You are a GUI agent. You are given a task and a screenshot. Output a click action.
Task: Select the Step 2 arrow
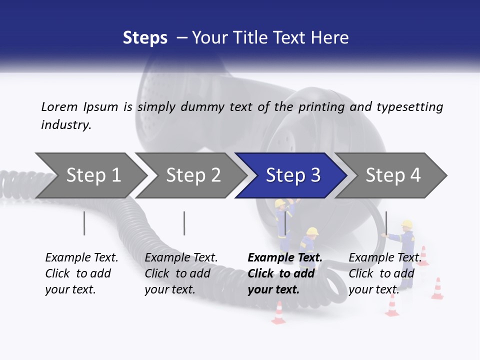click(x=192, y=175)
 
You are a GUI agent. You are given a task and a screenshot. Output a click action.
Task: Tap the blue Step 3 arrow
click(x=292, y=175)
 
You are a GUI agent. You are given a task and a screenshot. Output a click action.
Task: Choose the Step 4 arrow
click(x=392, y=175)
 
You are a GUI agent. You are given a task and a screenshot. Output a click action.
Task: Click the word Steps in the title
click(x=145, y=38)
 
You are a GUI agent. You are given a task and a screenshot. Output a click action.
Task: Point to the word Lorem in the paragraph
click(x=59, y=106)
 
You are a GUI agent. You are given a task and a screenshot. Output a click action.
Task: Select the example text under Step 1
click(x=81, y=273)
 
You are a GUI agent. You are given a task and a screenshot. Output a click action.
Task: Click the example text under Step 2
click(x=181, y=273)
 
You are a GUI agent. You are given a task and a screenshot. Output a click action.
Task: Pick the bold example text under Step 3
click(x=285, y=273)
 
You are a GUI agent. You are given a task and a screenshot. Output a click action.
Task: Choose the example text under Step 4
click(x=384, y=273)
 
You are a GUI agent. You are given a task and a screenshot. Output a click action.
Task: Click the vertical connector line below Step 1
click(x=84, y=223)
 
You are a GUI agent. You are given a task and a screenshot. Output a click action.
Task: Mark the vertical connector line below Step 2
click(x=184, y=223)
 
